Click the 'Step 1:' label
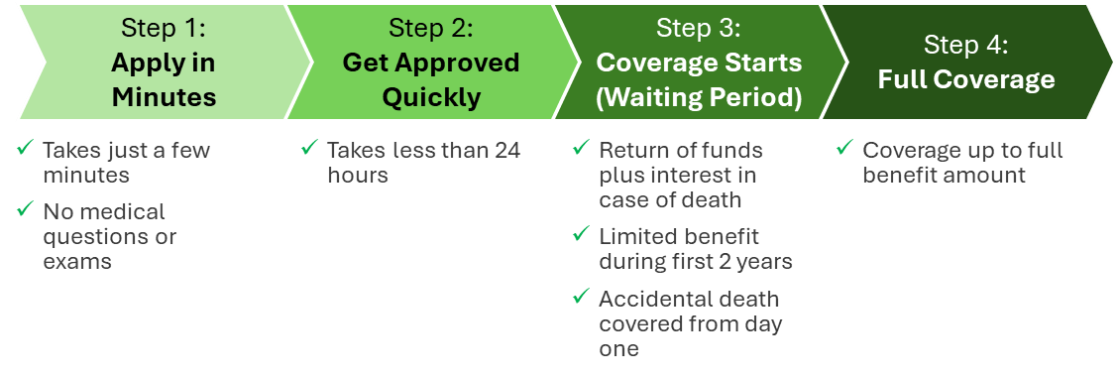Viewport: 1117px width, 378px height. coord(163,27)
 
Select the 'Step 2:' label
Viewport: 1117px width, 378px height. coord(430,27)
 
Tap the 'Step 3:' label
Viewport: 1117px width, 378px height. coord(698,27)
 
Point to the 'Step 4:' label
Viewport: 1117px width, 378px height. coord(965,45)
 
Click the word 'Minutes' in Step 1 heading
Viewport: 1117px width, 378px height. coord(164,97)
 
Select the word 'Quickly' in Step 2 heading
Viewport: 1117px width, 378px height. coord(431,97)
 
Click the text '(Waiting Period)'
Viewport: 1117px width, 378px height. coord(698,97)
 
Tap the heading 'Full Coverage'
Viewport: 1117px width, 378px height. coord(965,79)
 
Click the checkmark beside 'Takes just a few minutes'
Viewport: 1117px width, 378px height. coord(26,149)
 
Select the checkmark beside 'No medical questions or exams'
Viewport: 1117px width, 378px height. coord(26,210)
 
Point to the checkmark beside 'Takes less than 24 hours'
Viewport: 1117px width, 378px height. coord(309,149)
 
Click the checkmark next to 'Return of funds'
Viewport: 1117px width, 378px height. coord(582,149)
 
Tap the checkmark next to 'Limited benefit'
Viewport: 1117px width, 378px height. coord(582,235)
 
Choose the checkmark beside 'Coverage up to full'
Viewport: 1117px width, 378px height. coord(844,149)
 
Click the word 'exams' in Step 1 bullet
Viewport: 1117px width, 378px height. coord(77,262)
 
